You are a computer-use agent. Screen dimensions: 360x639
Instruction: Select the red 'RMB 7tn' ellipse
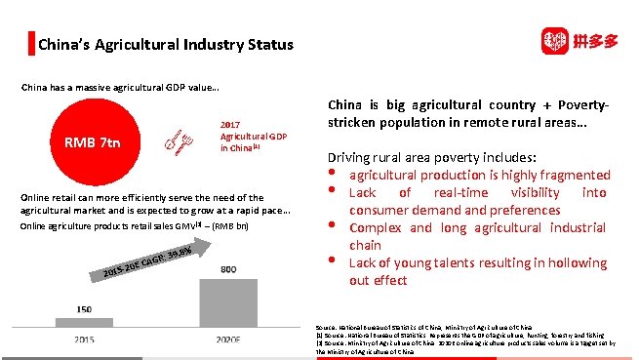coord(93,143)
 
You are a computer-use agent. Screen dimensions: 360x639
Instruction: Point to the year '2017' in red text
coord(230,125)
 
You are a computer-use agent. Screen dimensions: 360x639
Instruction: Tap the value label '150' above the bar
coord(85,309)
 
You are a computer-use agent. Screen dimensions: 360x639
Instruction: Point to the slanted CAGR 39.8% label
coord(147,262)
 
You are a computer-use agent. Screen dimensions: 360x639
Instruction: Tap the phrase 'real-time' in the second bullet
coord(459,193)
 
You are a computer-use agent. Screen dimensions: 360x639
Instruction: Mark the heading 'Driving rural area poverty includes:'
coord(436,158)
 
